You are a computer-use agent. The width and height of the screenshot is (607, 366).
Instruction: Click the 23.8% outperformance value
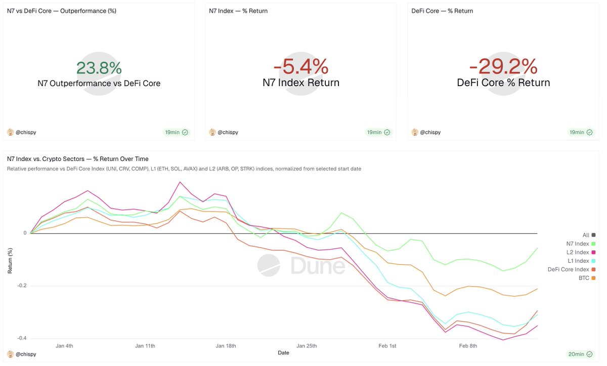[99, 68]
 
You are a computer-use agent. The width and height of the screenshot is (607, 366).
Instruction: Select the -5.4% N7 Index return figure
[301, 67]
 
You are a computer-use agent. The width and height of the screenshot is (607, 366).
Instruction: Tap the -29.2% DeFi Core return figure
[503, 67]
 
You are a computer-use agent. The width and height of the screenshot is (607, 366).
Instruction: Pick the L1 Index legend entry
[578, 261]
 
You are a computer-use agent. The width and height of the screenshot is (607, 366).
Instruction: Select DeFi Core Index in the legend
[569, 270]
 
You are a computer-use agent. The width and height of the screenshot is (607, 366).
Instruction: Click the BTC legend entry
[584, 278]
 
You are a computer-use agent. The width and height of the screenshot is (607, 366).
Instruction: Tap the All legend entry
[586, 235]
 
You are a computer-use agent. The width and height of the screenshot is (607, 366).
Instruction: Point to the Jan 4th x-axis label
[64, 346]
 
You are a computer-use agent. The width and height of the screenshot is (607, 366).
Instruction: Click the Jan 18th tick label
[226, 346]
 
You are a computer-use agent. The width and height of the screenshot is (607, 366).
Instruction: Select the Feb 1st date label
[387, 346]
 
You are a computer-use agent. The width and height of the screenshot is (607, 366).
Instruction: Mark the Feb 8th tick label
[468, 346]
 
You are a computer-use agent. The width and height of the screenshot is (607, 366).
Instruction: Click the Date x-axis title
[283, 353]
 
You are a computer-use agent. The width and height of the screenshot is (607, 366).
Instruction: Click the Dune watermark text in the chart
[318, 265]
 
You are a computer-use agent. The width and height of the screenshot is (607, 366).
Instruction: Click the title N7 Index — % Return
[238, 11]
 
